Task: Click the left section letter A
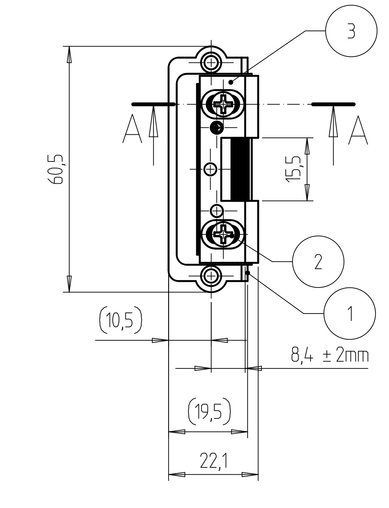coord(132,128)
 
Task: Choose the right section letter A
coord(358,130)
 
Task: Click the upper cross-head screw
coord(223,104)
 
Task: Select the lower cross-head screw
coord(223,234)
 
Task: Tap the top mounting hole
coord(211,63)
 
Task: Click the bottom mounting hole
coord(211,276)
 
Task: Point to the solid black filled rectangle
coord(240,169)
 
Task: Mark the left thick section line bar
coord(153,104)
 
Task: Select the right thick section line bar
coord(334,104)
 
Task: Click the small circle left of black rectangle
coord(210,169)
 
